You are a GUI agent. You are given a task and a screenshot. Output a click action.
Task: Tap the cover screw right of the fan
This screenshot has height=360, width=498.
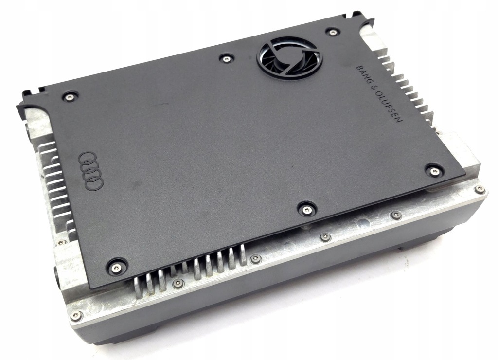(332, 33)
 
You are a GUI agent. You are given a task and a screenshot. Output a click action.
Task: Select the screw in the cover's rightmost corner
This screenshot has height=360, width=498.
(434, 170)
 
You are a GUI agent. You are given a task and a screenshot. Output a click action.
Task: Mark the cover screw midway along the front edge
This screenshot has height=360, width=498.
(306, 209)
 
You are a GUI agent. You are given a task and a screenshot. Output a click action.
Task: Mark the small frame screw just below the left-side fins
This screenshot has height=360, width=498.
(60, 242)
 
